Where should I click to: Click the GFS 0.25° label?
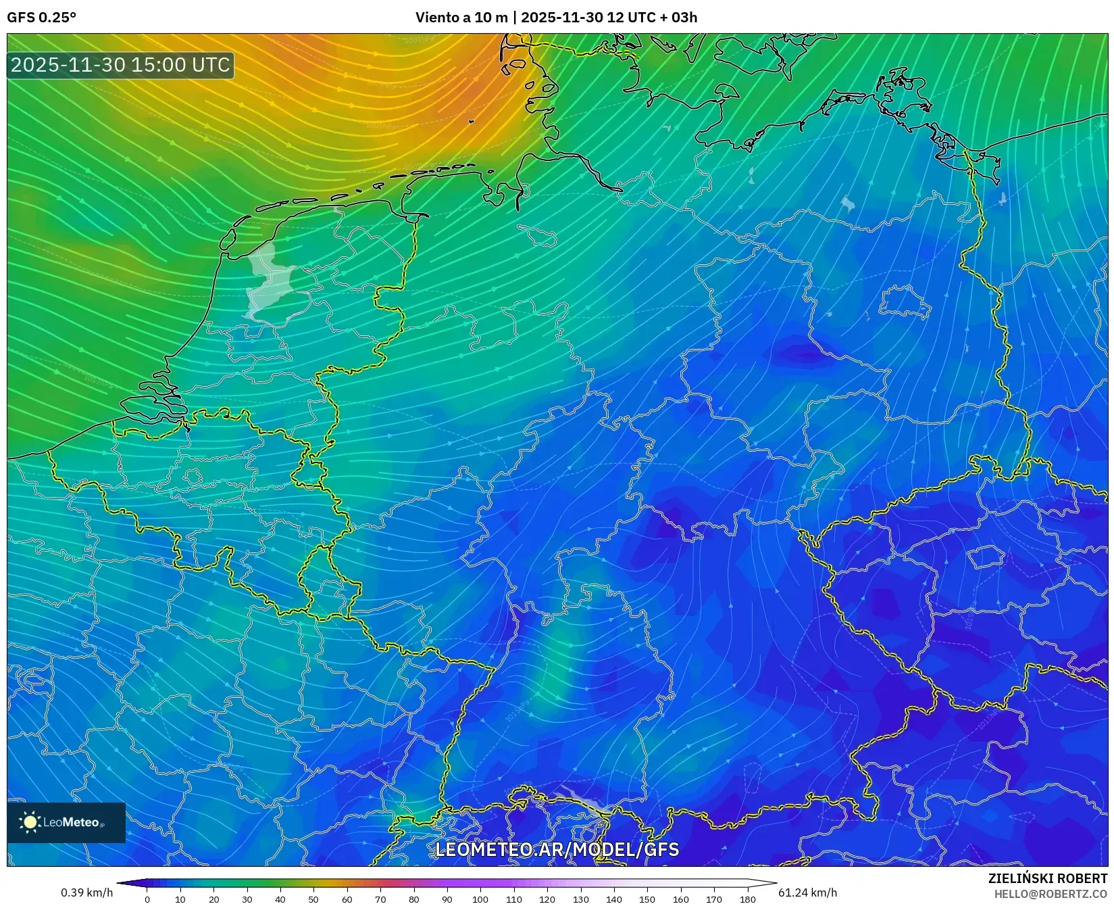point(41,18)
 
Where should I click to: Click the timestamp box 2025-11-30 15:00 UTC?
point(120,65)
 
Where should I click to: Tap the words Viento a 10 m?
point(461,18)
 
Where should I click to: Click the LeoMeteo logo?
point(66,822)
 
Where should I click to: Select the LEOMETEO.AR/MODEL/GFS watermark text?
point(557,849)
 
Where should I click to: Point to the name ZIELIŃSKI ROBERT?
point(1047,878)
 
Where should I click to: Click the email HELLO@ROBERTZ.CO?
point(1051,893)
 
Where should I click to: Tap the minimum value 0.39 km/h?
point(86,893)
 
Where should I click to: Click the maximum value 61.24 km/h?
point(807,893)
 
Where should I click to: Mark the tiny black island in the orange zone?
point(472,122)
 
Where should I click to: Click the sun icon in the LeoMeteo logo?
point(30,822)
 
